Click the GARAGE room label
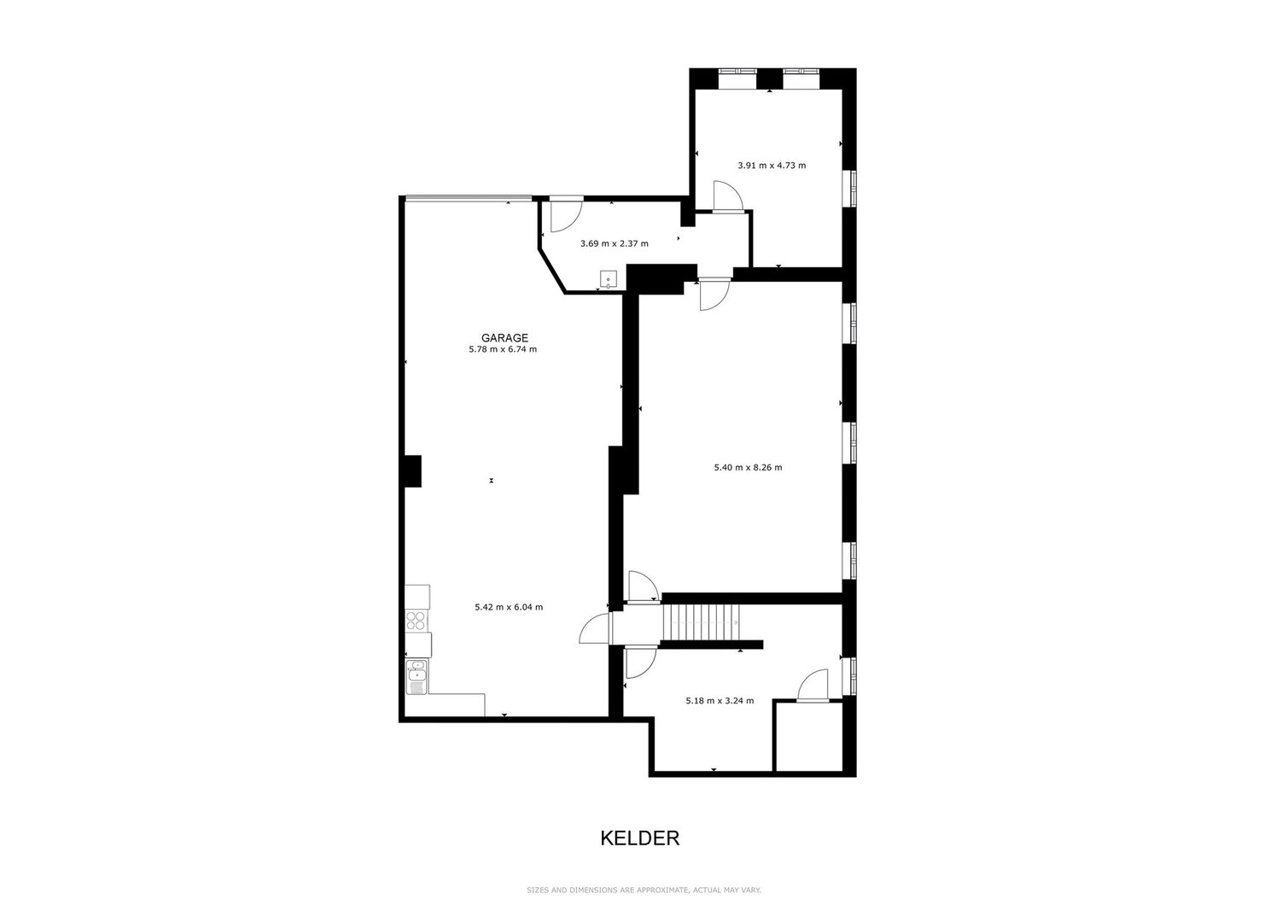click(x=504, y=338)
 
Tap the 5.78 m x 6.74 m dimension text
click(x=503, y=349)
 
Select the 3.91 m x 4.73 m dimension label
click(x=772, y=166)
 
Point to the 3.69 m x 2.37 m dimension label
click(x=614, y=244)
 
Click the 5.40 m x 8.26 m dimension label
click(x=748, y=468)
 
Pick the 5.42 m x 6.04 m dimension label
click(x=509, y=607)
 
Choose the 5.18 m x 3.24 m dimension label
click(x=720, y=701)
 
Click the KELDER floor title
click(x=640, y=838)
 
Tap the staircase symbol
click(x=701, y=622)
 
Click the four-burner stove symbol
click(x=417, y=621)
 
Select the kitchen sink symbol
click(x=417, y=677)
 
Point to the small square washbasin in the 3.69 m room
click(x=609, y=279)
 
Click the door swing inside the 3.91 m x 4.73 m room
click(x=727, y=196)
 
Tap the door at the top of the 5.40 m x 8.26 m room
click(x=714, y=295)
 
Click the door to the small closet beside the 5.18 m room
click(x=813, y=686)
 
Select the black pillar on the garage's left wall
click(x=413, y=471)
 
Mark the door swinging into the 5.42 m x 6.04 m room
click(x=596, y=628)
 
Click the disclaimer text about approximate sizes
click(x=644, y=891)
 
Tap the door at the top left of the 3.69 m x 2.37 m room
click(x=566, y=214)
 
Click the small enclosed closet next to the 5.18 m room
click(x=809, y=736)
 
